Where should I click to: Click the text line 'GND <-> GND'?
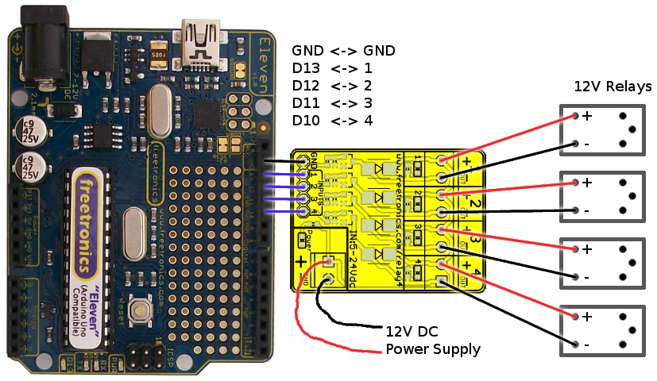[343, 51]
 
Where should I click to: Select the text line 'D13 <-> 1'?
[332, 68]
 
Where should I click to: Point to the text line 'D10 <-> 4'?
[332, 121]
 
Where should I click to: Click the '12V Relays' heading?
[613, 87]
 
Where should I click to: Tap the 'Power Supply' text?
[433, 348]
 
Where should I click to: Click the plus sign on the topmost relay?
[588, 116]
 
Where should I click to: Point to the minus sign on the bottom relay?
[586, 344]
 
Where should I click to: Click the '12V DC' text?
[412, 331]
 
